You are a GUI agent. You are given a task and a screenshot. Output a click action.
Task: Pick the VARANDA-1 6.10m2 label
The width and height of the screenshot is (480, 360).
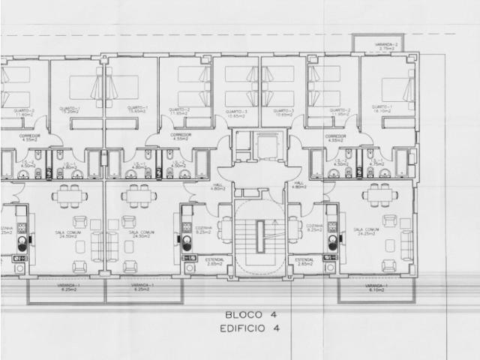[x=374, y=289]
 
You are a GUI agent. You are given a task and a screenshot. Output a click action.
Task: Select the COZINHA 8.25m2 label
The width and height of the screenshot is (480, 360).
[x=315, y=229]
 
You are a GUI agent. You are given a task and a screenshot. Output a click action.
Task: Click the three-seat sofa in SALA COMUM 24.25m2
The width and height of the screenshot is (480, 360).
[x=406, y=245]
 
